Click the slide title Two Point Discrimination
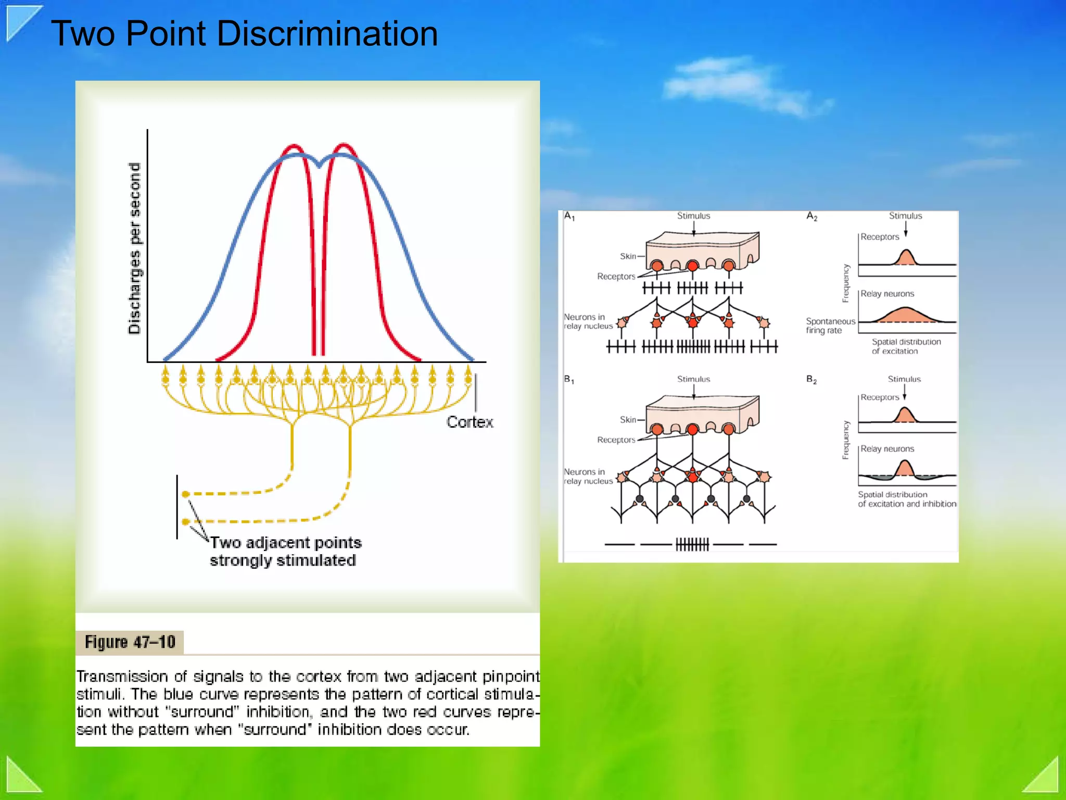coord(244,33)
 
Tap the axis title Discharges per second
coord(135,248)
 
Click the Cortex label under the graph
coord(469,422)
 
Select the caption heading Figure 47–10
coord(130,642)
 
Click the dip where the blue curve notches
coord(319,166)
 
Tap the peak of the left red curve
coord(294,145)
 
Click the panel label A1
coord(569,217)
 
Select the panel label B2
coord(811,380)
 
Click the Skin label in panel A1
coord(628,256)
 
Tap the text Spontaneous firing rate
coord(830,326)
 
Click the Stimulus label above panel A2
coord(905,216)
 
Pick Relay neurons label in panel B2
coord(887,449)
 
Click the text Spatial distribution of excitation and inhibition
coord(907,499)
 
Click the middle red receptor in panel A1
coord(692,266)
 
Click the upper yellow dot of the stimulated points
coord(185,494)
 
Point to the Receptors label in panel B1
coord(616,440)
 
